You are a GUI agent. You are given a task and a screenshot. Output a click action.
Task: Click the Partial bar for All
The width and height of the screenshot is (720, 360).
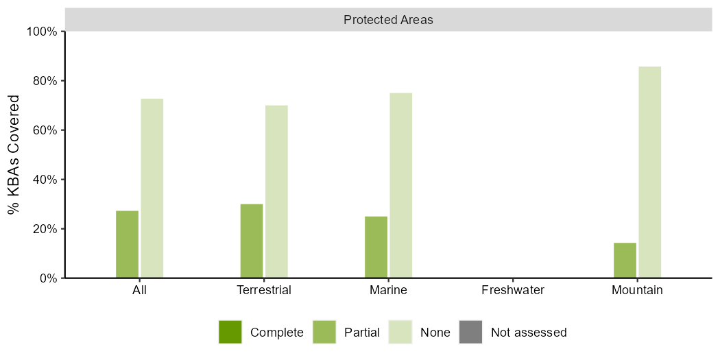pos(127,244)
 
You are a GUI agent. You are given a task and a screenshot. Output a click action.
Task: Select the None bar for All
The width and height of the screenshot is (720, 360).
pos(152,188)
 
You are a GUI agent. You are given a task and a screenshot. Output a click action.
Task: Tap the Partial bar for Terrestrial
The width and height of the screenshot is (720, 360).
pos(252,241)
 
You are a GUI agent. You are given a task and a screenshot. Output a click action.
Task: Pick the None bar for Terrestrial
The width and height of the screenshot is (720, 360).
pos(276,191)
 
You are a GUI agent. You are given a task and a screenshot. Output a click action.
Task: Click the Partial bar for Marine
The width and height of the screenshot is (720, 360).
pos(376,247)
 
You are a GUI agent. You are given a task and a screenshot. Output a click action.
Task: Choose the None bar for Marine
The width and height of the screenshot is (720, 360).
pos(401,185)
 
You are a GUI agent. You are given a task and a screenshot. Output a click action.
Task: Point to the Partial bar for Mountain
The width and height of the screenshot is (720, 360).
pos(625,260)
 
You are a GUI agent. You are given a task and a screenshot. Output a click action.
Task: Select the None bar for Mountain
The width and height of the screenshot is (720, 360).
pos(649,172)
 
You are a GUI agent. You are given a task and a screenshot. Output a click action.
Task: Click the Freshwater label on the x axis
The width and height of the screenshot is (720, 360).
pos(513,290)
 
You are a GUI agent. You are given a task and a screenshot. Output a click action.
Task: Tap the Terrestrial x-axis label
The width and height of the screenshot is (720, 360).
pos(264,290)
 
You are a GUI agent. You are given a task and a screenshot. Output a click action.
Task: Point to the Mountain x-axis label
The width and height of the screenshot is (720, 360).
pos(637,290)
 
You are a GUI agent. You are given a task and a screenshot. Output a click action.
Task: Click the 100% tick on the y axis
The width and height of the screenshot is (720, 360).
pos(43,32)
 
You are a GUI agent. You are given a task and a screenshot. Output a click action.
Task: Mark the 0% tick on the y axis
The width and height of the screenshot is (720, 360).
pos(48,278)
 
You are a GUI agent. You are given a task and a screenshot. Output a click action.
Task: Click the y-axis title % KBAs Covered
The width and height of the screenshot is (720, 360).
pos(14,155)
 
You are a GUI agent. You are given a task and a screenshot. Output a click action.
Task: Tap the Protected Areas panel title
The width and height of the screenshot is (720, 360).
pos(388,20)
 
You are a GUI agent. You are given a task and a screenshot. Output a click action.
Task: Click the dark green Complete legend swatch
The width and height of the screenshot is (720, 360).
pos(230,332)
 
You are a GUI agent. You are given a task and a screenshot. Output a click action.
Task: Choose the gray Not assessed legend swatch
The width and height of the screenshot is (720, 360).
pos(470,332)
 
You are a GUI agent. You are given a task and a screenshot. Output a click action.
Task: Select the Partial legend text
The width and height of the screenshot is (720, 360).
pos(362,333)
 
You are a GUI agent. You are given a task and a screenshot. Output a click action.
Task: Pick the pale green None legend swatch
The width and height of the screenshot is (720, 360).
pos(400,332)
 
